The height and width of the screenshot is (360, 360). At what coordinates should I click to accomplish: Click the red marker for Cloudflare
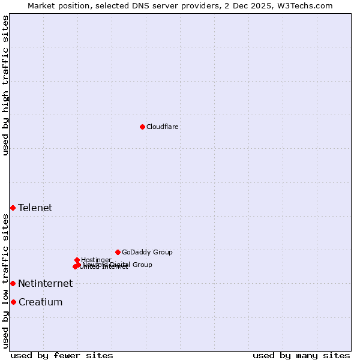click(142, 127)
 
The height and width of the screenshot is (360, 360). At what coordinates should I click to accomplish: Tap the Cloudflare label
click(163, 127)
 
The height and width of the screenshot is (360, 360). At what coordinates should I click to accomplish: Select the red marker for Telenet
click(13, 208)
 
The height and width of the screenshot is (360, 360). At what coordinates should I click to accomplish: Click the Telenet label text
click(35, 208)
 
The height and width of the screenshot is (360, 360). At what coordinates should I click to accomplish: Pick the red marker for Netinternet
click(13, 283)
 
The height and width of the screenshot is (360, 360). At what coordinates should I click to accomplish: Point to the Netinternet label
click(45, 284)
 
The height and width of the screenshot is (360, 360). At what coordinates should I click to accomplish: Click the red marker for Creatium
click(13, 302)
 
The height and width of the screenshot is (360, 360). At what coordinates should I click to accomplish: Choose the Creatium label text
click(40, 302)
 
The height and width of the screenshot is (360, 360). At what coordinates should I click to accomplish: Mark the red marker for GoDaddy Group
click(118, 252)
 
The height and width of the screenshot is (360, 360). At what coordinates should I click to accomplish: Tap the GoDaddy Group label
click(147, 253)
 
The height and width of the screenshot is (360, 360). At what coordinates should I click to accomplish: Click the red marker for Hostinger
click(77, 260)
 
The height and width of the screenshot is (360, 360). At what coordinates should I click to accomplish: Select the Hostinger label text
click(96, 260)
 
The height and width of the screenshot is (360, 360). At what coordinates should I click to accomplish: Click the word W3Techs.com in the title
click(305, 5)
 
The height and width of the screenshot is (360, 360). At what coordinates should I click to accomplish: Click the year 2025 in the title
click(262, 5)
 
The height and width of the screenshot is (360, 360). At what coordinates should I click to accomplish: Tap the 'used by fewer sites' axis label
click(62, 356)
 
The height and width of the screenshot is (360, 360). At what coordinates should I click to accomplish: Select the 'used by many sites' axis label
click(301, 356)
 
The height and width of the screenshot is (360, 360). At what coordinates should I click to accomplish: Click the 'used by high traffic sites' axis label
click(5, 85)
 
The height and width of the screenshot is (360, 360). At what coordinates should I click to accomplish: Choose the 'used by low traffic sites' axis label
click(5, 281)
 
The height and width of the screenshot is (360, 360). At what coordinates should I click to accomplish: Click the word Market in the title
click(42, 5)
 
